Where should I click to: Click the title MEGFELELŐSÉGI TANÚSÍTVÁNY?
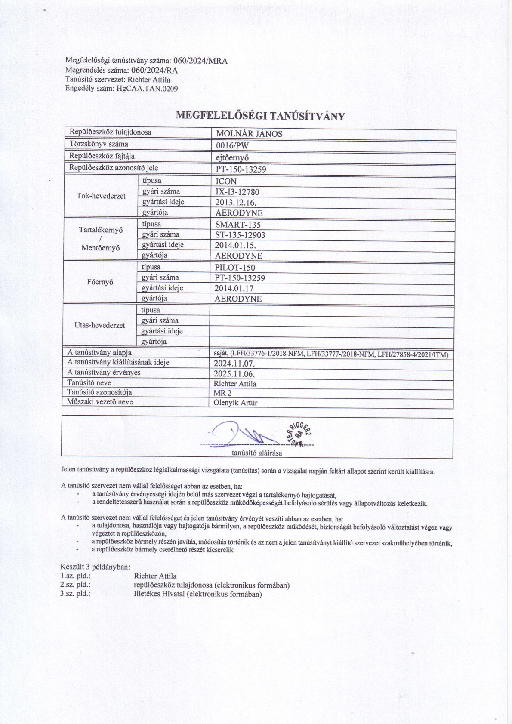[261, 116]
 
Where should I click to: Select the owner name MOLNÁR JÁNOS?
[249, 134]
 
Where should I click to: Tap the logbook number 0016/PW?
[232, 145]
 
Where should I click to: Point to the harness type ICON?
[226, 182]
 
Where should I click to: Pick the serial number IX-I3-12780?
[237, 192]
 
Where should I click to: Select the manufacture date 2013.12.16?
[236, 203]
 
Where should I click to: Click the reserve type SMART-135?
[238, 225]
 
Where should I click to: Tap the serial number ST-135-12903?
[240, 235]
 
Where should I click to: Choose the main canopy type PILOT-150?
[235, 268]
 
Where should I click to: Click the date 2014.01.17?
[234, 289]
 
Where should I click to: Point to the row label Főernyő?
[100, 283]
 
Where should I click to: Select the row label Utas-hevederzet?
[100, 325]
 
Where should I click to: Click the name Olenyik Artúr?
[235, 403]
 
